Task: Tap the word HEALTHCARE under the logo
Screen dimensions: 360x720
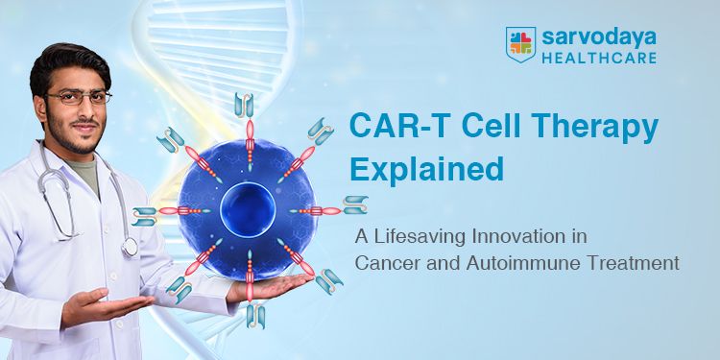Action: click(x=598, y=58)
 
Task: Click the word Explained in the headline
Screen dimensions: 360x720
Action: click(x=426, y=169)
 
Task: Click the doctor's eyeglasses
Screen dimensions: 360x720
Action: click(x=78, y=97)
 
